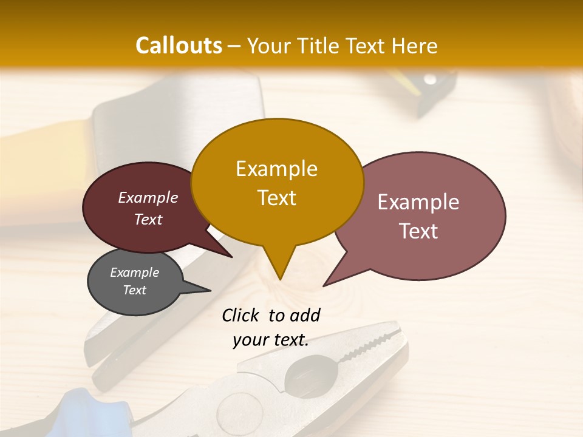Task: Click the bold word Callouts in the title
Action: click(179, 46)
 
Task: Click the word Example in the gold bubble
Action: click(276, 169)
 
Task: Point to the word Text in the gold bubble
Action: click(276, 197)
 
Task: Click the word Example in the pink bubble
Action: click(418, 202)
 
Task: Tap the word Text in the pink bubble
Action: click(418, 231)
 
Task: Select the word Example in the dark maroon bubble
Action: click(148, 197)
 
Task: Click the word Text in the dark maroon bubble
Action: click(148, 219)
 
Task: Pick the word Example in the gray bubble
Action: click(134, 273)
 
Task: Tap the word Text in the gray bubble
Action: click(134, 290)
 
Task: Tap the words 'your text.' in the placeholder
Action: click(270, 340)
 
